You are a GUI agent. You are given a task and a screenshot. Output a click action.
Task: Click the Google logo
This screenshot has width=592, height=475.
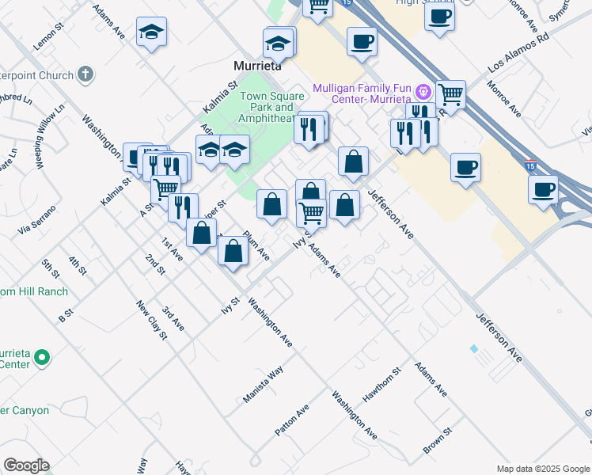26,465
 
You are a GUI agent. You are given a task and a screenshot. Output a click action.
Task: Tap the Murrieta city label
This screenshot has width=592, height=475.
258,66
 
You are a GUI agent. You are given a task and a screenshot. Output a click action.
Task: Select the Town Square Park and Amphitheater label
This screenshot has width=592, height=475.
267,108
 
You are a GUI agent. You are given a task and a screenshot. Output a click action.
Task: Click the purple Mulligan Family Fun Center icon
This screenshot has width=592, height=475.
423,92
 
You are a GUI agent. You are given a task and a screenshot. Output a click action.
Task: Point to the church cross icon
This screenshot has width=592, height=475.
85,75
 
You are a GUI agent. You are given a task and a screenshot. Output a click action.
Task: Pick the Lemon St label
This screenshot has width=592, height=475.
47,40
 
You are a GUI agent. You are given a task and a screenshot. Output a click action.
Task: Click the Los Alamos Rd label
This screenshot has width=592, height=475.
518,48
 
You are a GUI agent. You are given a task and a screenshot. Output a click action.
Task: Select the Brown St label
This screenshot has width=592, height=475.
436,441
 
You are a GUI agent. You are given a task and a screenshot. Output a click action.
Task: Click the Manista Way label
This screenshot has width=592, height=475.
264,386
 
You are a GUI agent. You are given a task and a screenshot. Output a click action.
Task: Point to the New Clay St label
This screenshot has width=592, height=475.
152,320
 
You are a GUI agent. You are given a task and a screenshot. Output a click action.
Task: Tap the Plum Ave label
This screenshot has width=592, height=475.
256,245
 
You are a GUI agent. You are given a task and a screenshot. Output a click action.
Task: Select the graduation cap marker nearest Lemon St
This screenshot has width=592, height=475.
151,32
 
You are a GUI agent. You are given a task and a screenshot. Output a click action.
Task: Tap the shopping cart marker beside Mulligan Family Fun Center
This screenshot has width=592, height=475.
450,94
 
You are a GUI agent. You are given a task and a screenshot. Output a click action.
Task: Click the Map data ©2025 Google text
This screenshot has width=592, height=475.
543,469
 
